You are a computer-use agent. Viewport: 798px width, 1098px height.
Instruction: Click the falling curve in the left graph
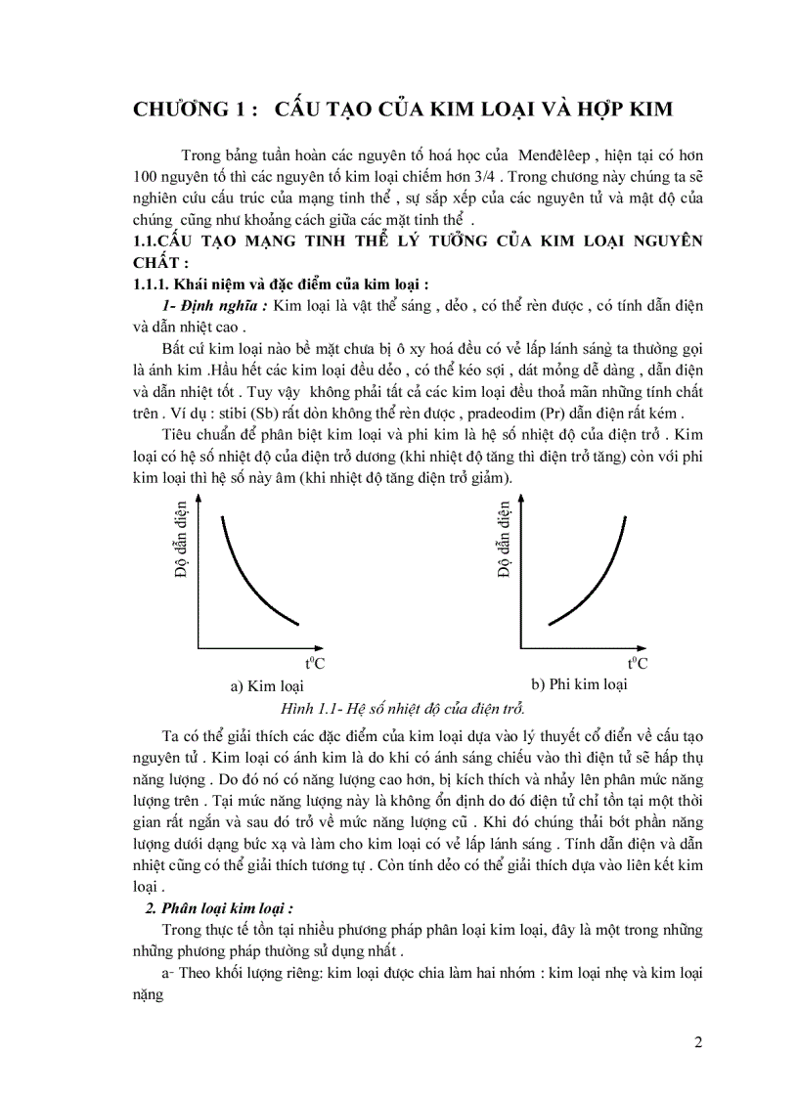coord(249,577)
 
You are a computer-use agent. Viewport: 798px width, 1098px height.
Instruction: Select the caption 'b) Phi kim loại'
coord(578,684)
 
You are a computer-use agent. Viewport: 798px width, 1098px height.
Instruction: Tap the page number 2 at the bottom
coord(698,1042)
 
